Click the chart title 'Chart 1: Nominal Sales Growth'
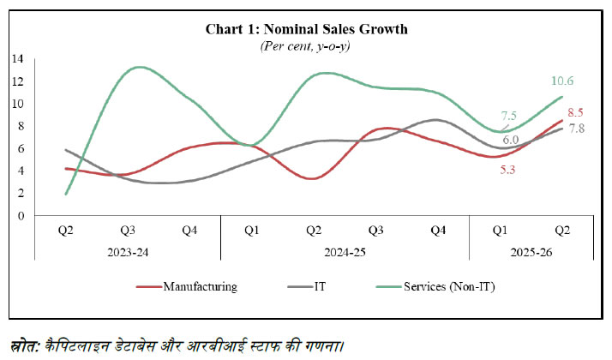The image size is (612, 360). click(306, 29)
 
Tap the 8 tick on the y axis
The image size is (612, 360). click(19, 126)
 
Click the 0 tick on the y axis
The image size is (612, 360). click(19, 215)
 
